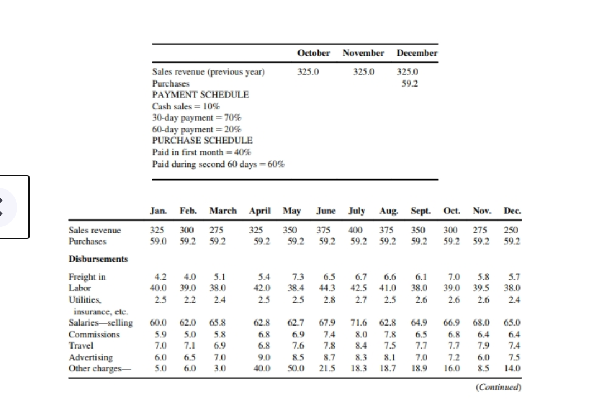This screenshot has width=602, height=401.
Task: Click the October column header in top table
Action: pos(314,53)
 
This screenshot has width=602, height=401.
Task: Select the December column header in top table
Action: pos(417,53)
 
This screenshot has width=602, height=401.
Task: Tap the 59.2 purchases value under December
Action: pos(410,83)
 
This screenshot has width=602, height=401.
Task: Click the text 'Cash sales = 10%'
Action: pos(186,106)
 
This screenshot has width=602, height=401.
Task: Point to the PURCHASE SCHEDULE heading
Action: pos(202,140)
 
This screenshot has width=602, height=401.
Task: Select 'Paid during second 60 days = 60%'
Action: pos(218,164)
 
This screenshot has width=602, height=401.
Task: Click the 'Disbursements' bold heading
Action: pos(98,259)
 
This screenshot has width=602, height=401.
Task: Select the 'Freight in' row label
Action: pos(87,276)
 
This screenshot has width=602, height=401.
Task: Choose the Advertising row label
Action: pos(90,357)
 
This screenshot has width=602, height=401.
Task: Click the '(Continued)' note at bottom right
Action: pos(499,386)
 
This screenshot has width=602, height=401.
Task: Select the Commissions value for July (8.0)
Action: pos(362,335)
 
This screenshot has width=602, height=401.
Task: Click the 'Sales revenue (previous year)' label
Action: pos(209,71)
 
